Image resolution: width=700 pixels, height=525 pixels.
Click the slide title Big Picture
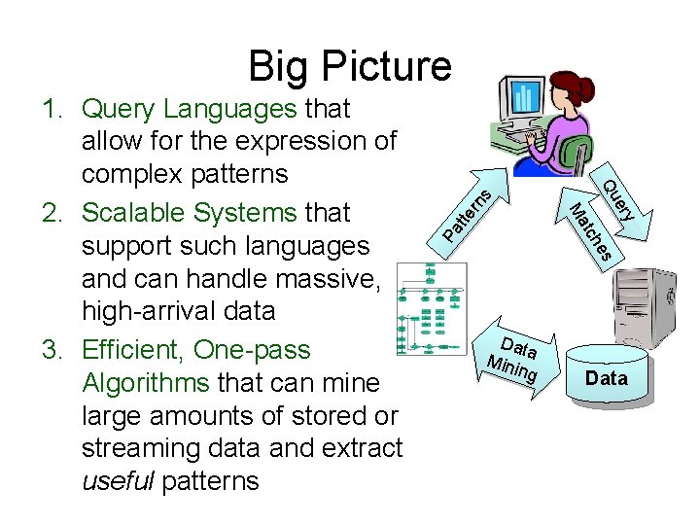(x=350, y=66)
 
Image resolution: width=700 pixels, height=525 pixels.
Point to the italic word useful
(x=118, y=481)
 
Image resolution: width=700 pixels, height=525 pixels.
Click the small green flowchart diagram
(x=427, y=312)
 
